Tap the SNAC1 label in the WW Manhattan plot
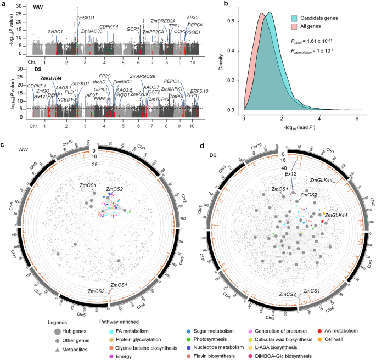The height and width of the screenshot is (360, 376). pyautogui.click(x=55, y=32)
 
